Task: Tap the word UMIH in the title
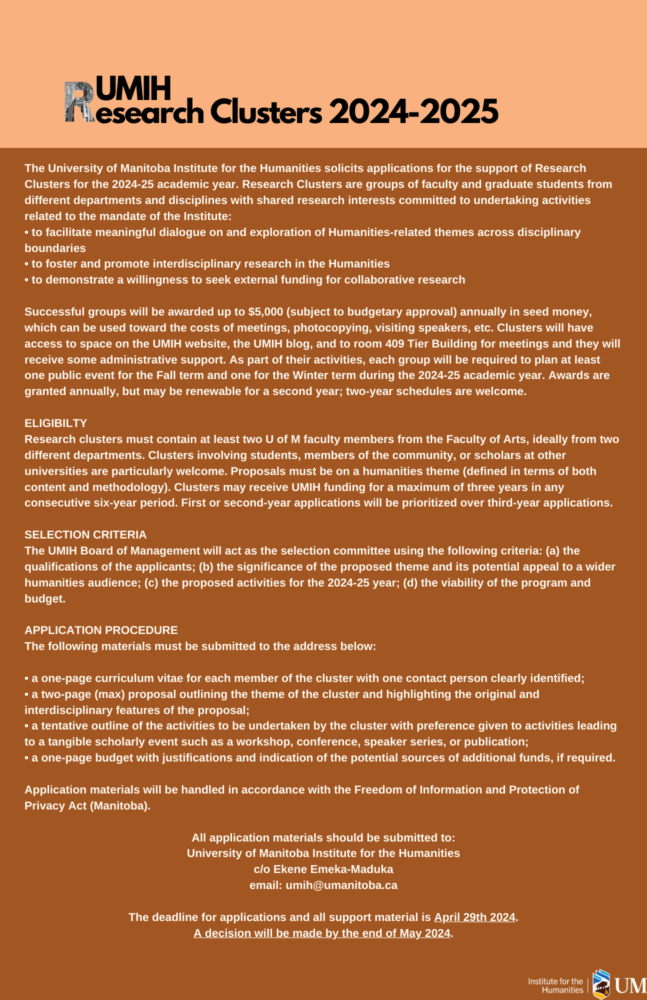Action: click(133, 88)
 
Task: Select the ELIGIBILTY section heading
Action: click(56, 423)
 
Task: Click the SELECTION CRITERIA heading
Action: click(85, 535)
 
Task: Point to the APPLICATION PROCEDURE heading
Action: click(101, 630)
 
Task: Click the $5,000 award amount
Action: click(265, 312)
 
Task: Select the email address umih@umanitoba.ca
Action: click(341, 885)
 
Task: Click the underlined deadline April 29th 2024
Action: click(474, 917)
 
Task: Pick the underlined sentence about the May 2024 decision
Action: click(322, 933)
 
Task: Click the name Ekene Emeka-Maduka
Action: click(333, 869)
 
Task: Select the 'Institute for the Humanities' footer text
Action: click(555, 985)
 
